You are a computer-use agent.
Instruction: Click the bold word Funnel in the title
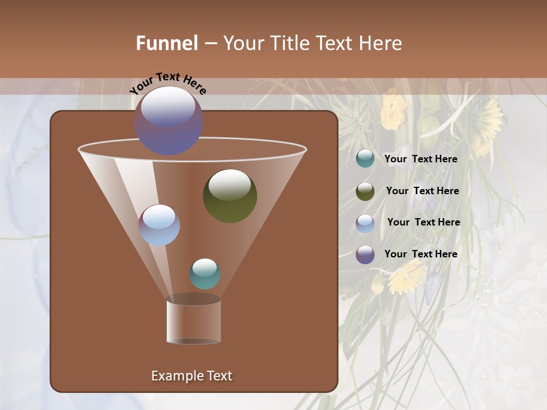[166, 43]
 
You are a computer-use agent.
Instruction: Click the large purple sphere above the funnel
[169, 121]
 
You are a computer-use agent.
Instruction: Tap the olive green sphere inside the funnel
[230, 196]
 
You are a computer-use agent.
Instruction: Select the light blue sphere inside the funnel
[159, 225]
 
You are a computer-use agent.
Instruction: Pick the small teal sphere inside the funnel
[205, 274]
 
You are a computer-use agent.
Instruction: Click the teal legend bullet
[365, 159]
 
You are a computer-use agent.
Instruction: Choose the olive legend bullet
[365, 191]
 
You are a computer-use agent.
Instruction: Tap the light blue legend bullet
[365, 223]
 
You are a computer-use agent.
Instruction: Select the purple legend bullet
[365, 255]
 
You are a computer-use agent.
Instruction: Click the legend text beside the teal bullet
[421, 159]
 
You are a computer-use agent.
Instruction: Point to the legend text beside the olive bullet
[422, 191]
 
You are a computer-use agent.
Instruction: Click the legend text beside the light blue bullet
[423, 222]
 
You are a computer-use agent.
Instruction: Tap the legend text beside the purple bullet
[421, 254]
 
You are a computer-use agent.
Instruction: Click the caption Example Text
[191, 376]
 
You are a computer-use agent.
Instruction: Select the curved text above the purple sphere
[168, 82]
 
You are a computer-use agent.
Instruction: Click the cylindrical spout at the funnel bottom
[194, 322]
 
